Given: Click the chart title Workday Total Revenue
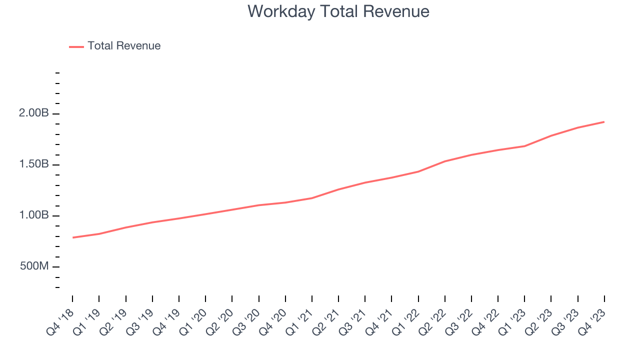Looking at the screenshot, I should [x=338, y=11].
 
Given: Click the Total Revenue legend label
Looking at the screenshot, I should [x=124, y=46].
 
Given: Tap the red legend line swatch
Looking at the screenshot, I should [x=76, y=46].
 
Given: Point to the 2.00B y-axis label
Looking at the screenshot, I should [x=34, y=113].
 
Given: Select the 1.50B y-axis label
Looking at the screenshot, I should [x=34, y=164].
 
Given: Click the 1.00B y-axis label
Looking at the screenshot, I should [x=34, y=215].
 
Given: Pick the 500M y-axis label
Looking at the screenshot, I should [x=34, y=266].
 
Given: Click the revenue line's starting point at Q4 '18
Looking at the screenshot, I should [x=72, y=237].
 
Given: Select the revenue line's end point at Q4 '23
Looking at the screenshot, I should [x=604, y=122].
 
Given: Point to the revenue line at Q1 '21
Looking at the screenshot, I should [x=312, y=198].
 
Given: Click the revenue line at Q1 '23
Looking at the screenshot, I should [x=524, y=146].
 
